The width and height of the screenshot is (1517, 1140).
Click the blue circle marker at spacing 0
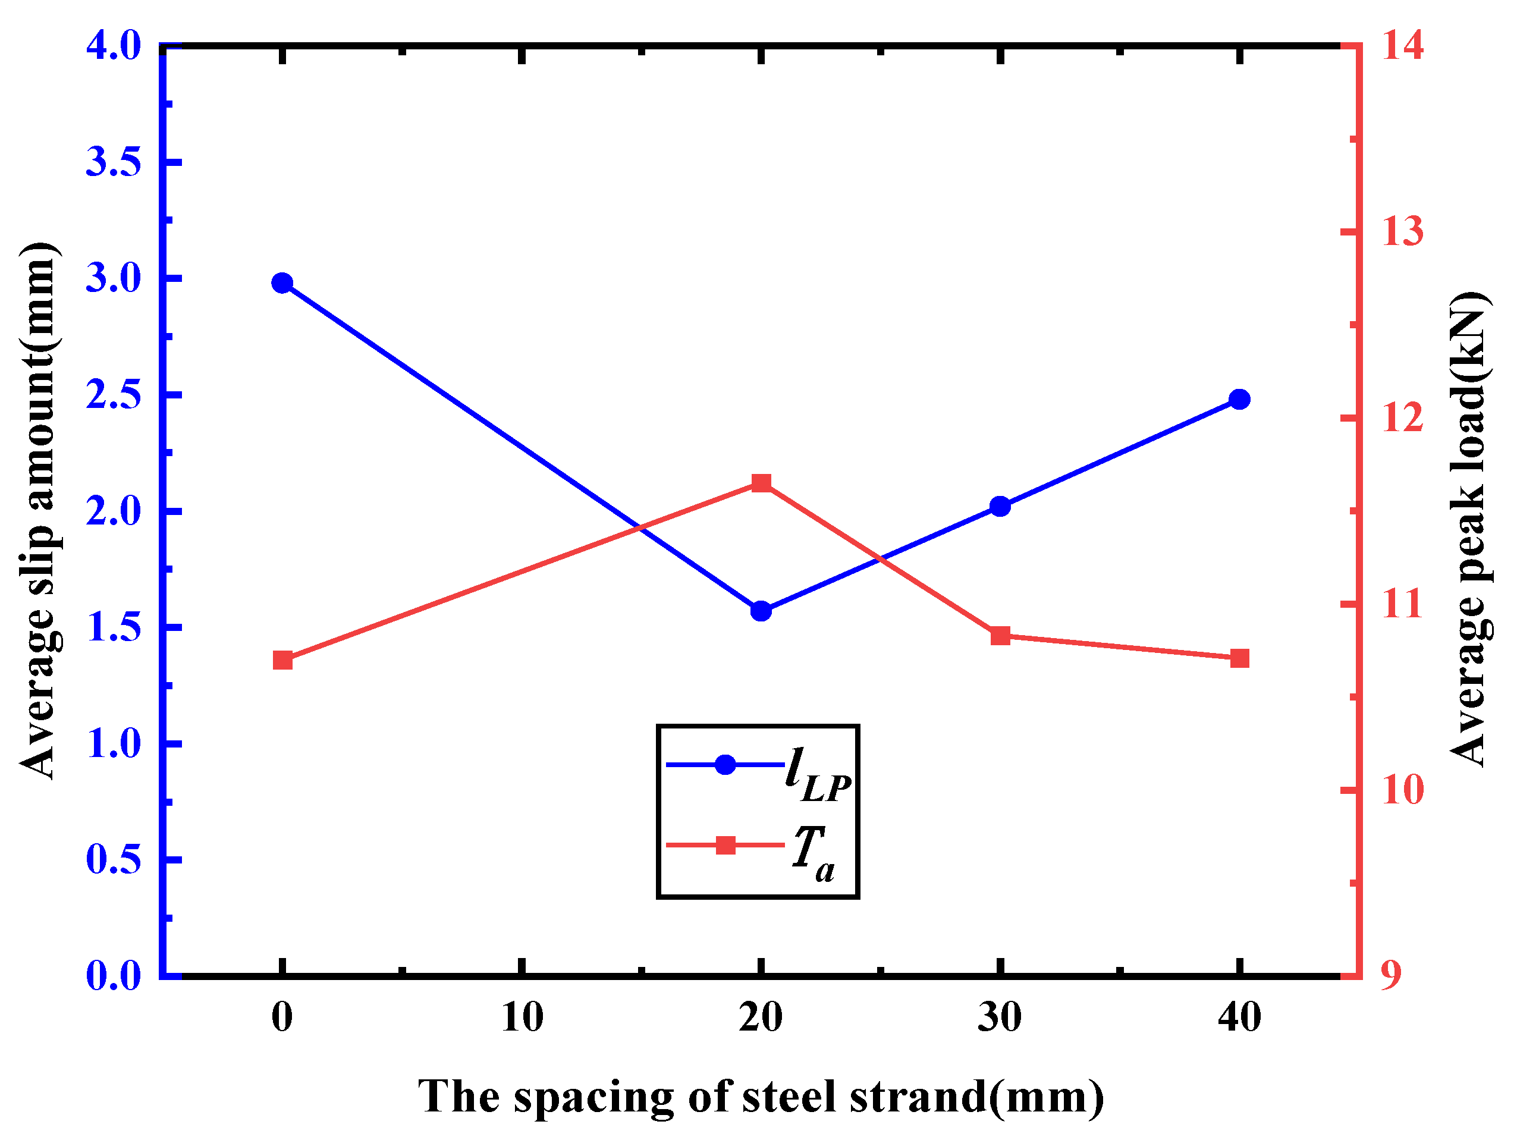pyautogui.click(x=282, y=283)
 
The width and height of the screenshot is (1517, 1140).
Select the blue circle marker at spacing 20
pyautogui.click(x=761, y=611)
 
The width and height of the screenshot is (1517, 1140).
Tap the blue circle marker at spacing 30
pyautogui.click(x=1000, y=507)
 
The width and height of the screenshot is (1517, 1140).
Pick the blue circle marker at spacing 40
pyautogui.click(x=1239, y=399)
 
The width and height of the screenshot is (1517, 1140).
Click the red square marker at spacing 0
pyautogui.click(x=282, y=661)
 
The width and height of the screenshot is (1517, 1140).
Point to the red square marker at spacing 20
pyautogui.click(x=761, y=483)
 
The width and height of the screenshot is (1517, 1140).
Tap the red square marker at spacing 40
pyautogui.click(x=1239, y=658)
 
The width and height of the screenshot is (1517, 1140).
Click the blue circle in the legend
pyautogui.click(x=725, y=764)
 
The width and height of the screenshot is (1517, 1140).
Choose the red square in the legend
pyautogui.click(x=725, y=845)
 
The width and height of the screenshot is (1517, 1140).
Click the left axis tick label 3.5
pyautogui.click(x=113, y=162)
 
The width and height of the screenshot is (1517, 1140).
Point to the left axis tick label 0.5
pyautogui.click(x=113, y=859)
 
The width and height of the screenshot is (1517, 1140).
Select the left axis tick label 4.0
pyautogui.click(x=113, y=46)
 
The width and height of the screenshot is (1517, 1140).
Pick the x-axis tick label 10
pyautogui.click(x=522, y=1017)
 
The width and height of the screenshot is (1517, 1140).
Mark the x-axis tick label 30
pyautogui.click(x=999, y=1017)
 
